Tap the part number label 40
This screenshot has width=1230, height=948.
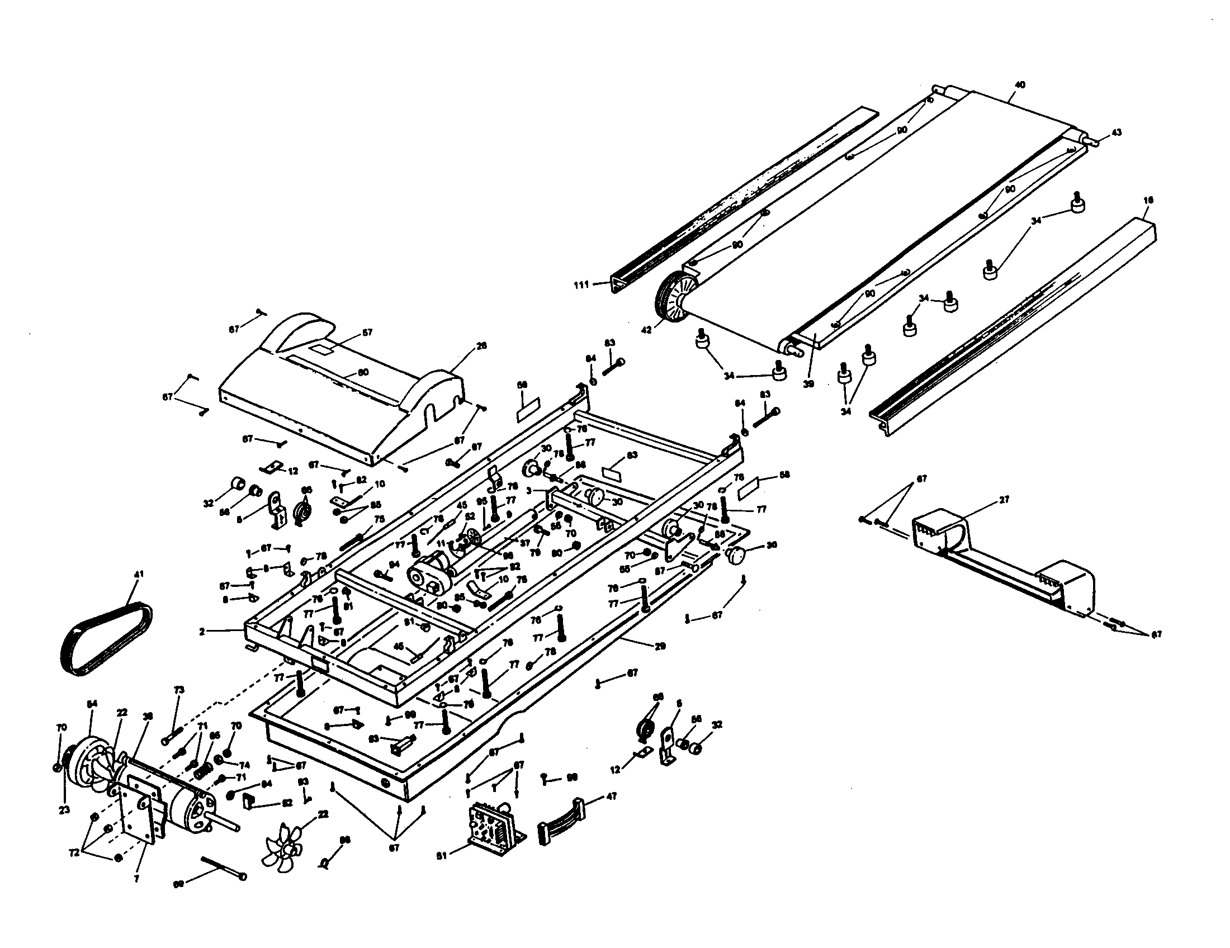pyautogui.click(x=1019, y=85)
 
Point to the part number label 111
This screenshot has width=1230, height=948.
pyautogui.click(x=581, y=285)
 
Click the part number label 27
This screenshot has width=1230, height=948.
pyautogui.click(x=1004, y=499)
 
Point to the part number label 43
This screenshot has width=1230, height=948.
pyautogui.click(x=1116, y=133)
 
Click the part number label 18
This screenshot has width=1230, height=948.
pyautogui.click(x=1148, y=200)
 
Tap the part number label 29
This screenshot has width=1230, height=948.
pyautogui.click(x=661, y=647)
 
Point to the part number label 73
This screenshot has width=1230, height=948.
pyautogui.click(x=179, y=690)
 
